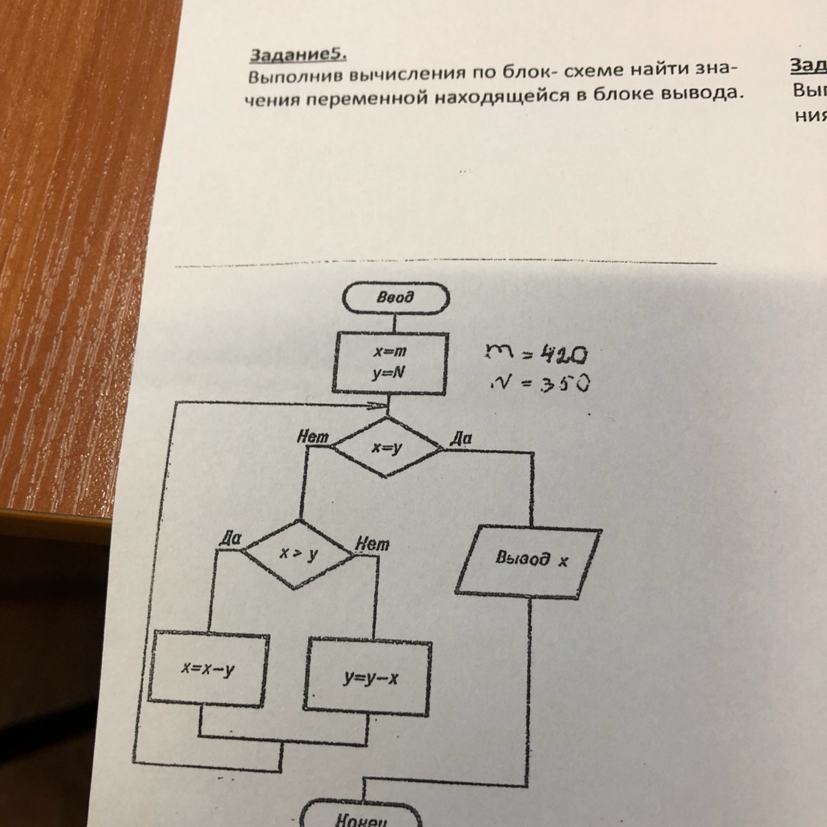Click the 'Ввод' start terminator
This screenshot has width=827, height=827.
tap(396, 298)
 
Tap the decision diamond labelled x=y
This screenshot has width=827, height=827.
tap(387, 449)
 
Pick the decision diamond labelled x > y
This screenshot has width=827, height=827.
tap(299, 554)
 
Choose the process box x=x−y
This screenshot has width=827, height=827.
tap(207, 668)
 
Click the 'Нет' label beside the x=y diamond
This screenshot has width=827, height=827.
tap(312, 436)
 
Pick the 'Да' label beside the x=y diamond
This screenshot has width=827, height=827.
tap(460, 438)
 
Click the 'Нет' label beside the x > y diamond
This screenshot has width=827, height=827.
tap(372, 544)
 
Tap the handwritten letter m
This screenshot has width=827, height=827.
tap(498, 353)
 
